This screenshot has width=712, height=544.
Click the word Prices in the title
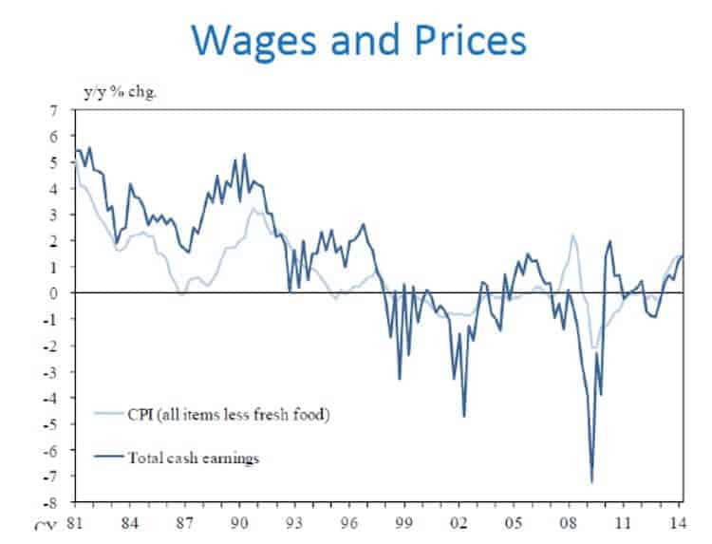(468, 41)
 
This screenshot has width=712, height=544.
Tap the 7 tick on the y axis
(54, 111)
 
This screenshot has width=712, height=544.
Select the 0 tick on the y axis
(54, 293)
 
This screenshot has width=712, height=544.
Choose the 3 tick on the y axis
(54, 216)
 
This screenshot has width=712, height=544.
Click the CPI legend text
(229, 414)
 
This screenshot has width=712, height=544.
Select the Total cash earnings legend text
(194, 458)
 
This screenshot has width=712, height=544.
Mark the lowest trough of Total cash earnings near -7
(592, 482)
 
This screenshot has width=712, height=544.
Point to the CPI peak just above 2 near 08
(572, 235)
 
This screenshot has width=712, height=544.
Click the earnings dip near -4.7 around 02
(464, 416)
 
